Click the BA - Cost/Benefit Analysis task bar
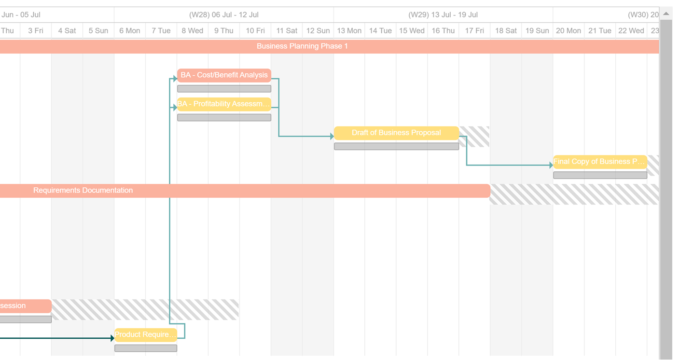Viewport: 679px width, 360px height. [224, 75]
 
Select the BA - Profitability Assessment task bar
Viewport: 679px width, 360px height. [224, 104]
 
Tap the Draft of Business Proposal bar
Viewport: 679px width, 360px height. [396, 133]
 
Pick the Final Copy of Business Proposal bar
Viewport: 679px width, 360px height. [600, 162]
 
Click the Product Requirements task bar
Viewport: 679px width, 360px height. [145, 335]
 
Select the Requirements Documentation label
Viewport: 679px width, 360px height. [83, 191]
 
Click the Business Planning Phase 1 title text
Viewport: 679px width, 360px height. [302, 46]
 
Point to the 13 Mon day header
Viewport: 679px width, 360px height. [349, 31]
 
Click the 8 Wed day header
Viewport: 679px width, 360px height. [192, 31]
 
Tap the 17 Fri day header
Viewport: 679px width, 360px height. [474, 31]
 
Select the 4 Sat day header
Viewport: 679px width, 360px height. [67, 31]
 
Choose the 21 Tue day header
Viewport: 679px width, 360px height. [599, 31]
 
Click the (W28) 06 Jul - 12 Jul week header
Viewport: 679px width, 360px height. [224, 15]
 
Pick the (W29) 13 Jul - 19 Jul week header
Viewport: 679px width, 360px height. [443, 15]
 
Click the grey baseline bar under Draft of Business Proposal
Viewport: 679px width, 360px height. [396, 147]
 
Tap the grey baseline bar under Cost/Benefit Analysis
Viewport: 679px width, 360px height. [224, 89]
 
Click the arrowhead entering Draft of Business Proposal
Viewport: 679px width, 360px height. [332, 137]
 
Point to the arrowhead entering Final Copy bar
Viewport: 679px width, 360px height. [551, 166]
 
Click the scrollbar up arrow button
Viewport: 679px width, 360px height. [666, 14]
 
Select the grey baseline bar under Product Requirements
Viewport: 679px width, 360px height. [145, 348]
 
